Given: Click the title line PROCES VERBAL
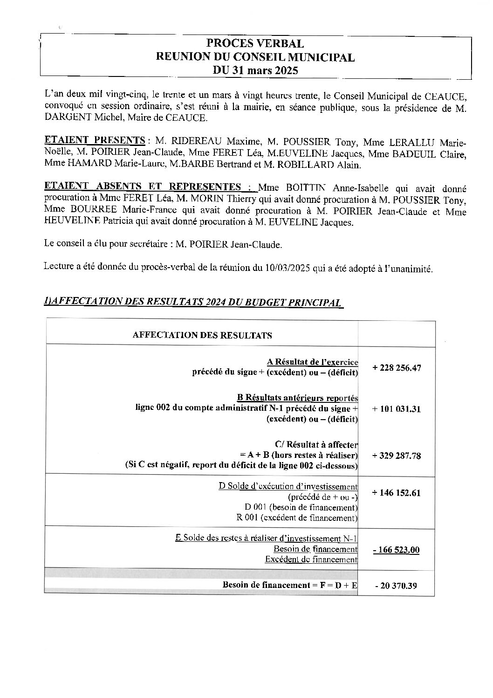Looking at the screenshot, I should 255,44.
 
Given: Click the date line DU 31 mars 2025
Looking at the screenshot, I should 255,71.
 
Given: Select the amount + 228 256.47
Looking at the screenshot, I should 397,368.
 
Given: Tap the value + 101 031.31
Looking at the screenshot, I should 397,409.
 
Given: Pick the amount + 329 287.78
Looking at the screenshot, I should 397,456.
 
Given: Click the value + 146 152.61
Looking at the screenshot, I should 397,493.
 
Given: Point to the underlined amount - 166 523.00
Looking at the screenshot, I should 397,550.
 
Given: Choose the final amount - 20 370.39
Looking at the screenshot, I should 396,586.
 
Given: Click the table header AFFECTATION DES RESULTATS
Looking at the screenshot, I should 202,335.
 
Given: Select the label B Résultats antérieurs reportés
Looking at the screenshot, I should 297,398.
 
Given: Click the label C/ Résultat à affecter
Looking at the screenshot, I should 316,445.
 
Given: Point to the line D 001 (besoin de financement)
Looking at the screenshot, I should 301,507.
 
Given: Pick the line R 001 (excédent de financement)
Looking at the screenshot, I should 297,518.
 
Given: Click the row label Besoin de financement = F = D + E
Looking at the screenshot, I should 290,585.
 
